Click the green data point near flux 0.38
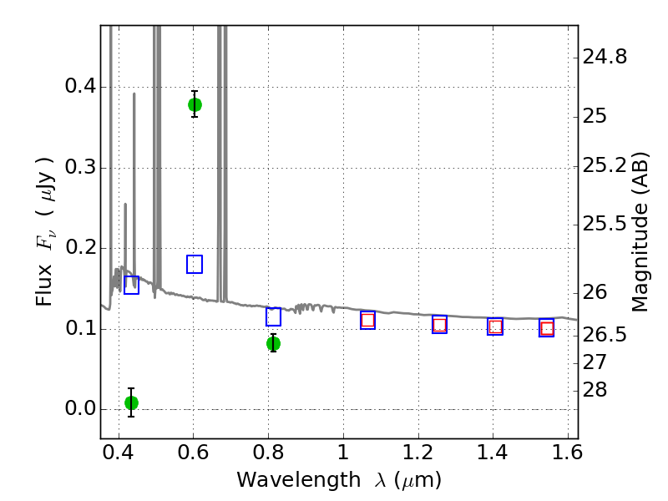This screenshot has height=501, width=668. point(195,104)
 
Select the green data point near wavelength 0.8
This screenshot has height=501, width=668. point(274,343)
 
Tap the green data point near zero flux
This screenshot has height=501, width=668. point(131,402)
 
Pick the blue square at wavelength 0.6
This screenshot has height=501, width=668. point(195,264)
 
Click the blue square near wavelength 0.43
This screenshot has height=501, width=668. point(131,285)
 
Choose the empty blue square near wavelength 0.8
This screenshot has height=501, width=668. point(274,316)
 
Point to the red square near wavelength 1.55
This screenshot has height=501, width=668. point(547,328)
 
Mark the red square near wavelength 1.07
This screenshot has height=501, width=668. point(367,320)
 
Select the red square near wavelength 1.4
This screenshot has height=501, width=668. point(495,326)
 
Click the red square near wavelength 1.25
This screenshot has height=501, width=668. point(440,325)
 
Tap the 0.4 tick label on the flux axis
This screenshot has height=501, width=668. point(80,86)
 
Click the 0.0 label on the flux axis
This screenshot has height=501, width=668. point(80,408)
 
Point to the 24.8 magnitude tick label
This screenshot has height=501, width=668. point(605,56)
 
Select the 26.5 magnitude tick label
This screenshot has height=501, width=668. point(605,335)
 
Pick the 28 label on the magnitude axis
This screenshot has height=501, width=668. point(595,390)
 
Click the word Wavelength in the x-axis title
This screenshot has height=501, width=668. point(299,480)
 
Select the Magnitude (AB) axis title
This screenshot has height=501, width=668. point(639,232)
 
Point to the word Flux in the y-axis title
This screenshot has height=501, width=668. point(43,286)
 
